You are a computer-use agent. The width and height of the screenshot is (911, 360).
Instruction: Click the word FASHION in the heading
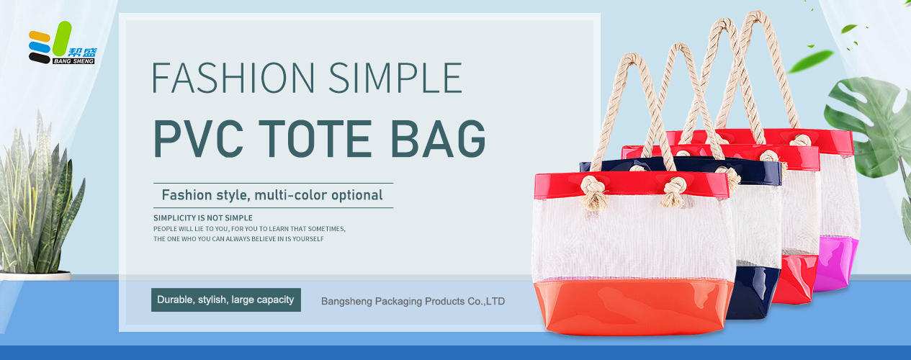click(x=233, y=78)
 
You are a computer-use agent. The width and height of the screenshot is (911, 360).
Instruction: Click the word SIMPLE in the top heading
click(x=395, y=78)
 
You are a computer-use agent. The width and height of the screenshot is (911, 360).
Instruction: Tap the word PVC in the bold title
click(x=199, y=139)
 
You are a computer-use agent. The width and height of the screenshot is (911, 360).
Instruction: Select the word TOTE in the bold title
click(x=315, y=139)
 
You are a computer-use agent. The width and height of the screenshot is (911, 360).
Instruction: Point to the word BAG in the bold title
click(x=438, y=139)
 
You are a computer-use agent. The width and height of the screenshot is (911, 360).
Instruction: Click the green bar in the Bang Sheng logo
click(x=62, y=39)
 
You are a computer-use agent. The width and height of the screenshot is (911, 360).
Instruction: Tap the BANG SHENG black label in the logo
click(x=73, y=61)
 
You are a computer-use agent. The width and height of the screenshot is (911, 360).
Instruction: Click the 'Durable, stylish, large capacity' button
click(x=226, y=300)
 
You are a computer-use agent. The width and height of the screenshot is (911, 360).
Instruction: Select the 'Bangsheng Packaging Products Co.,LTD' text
click(x=413, y=302)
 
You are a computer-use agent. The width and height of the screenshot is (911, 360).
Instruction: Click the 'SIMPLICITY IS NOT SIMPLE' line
click(x=203, y=218)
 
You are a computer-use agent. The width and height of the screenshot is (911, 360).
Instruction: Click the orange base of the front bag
click(x=634, y=307)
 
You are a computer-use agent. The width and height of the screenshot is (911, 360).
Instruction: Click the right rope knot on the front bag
click(x=675, y=192)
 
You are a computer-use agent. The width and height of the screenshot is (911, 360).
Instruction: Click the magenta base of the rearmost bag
click(x=836, y=262)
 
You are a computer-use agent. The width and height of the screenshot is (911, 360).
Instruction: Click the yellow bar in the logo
click(x=40, y=36)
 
